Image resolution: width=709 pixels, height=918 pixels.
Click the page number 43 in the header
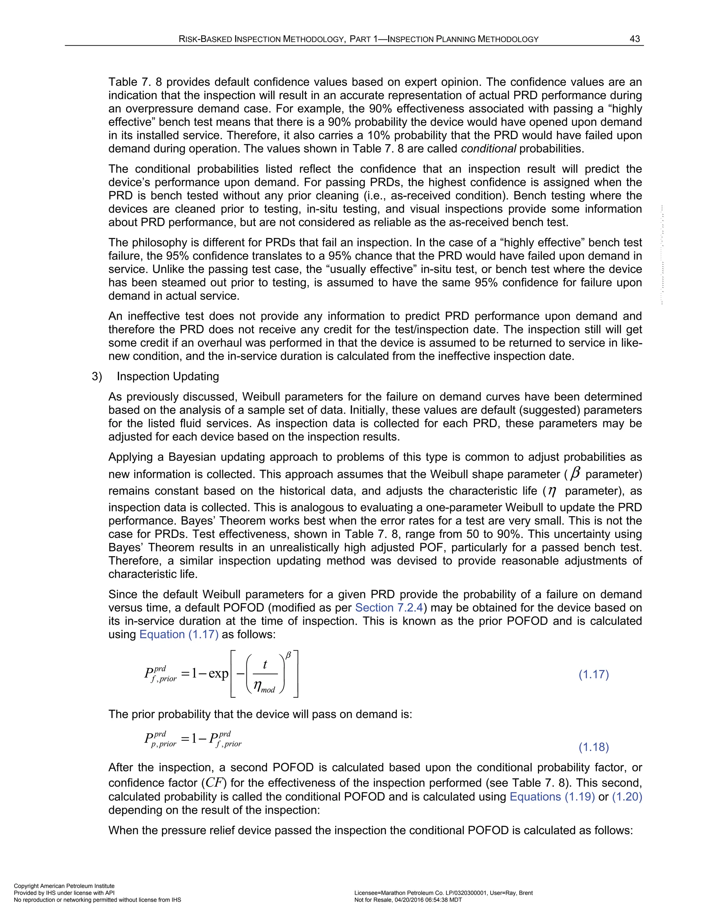point(635,39)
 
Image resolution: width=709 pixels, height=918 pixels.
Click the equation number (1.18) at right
point(593,747)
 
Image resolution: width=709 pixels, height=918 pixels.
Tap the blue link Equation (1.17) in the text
point(179,634)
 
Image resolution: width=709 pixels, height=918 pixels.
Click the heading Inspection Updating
point(168,376)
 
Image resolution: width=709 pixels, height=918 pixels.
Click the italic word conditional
point(488,149)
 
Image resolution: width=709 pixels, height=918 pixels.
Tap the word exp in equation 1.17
point(218,674)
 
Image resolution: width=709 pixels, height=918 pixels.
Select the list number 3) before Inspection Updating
point(97,376)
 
